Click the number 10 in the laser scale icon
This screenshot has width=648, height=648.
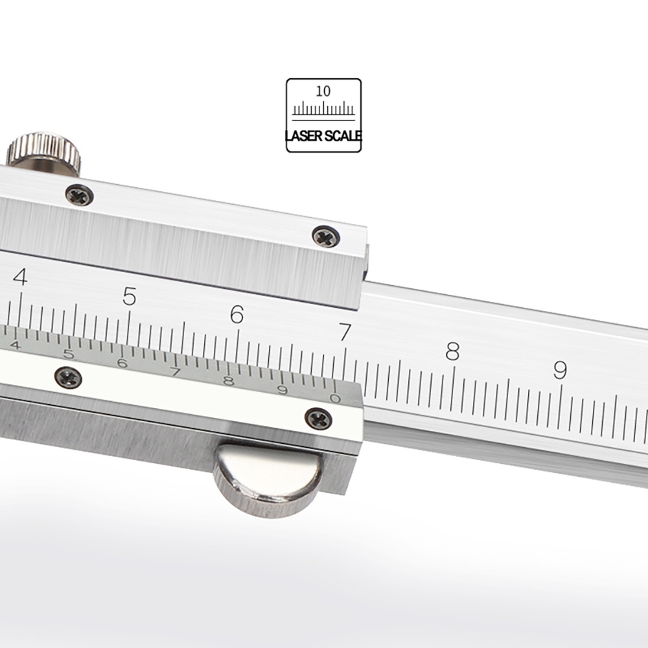click(323, 91)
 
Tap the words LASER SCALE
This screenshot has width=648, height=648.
click(324, 135)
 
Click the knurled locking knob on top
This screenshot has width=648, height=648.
click(44, 150)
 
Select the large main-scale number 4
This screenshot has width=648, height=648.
click(20, 277)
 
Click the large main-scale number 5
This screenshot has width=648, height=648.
click(130, 296)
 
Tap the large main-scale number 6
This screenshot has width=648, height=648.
click(237, 314)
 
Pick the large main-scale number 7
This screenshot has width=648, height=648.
click(345, 332)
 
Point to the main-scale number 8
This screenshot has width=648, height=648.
click(452, 351)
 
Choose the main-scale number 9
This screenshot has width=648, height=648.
click(560, 370)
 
